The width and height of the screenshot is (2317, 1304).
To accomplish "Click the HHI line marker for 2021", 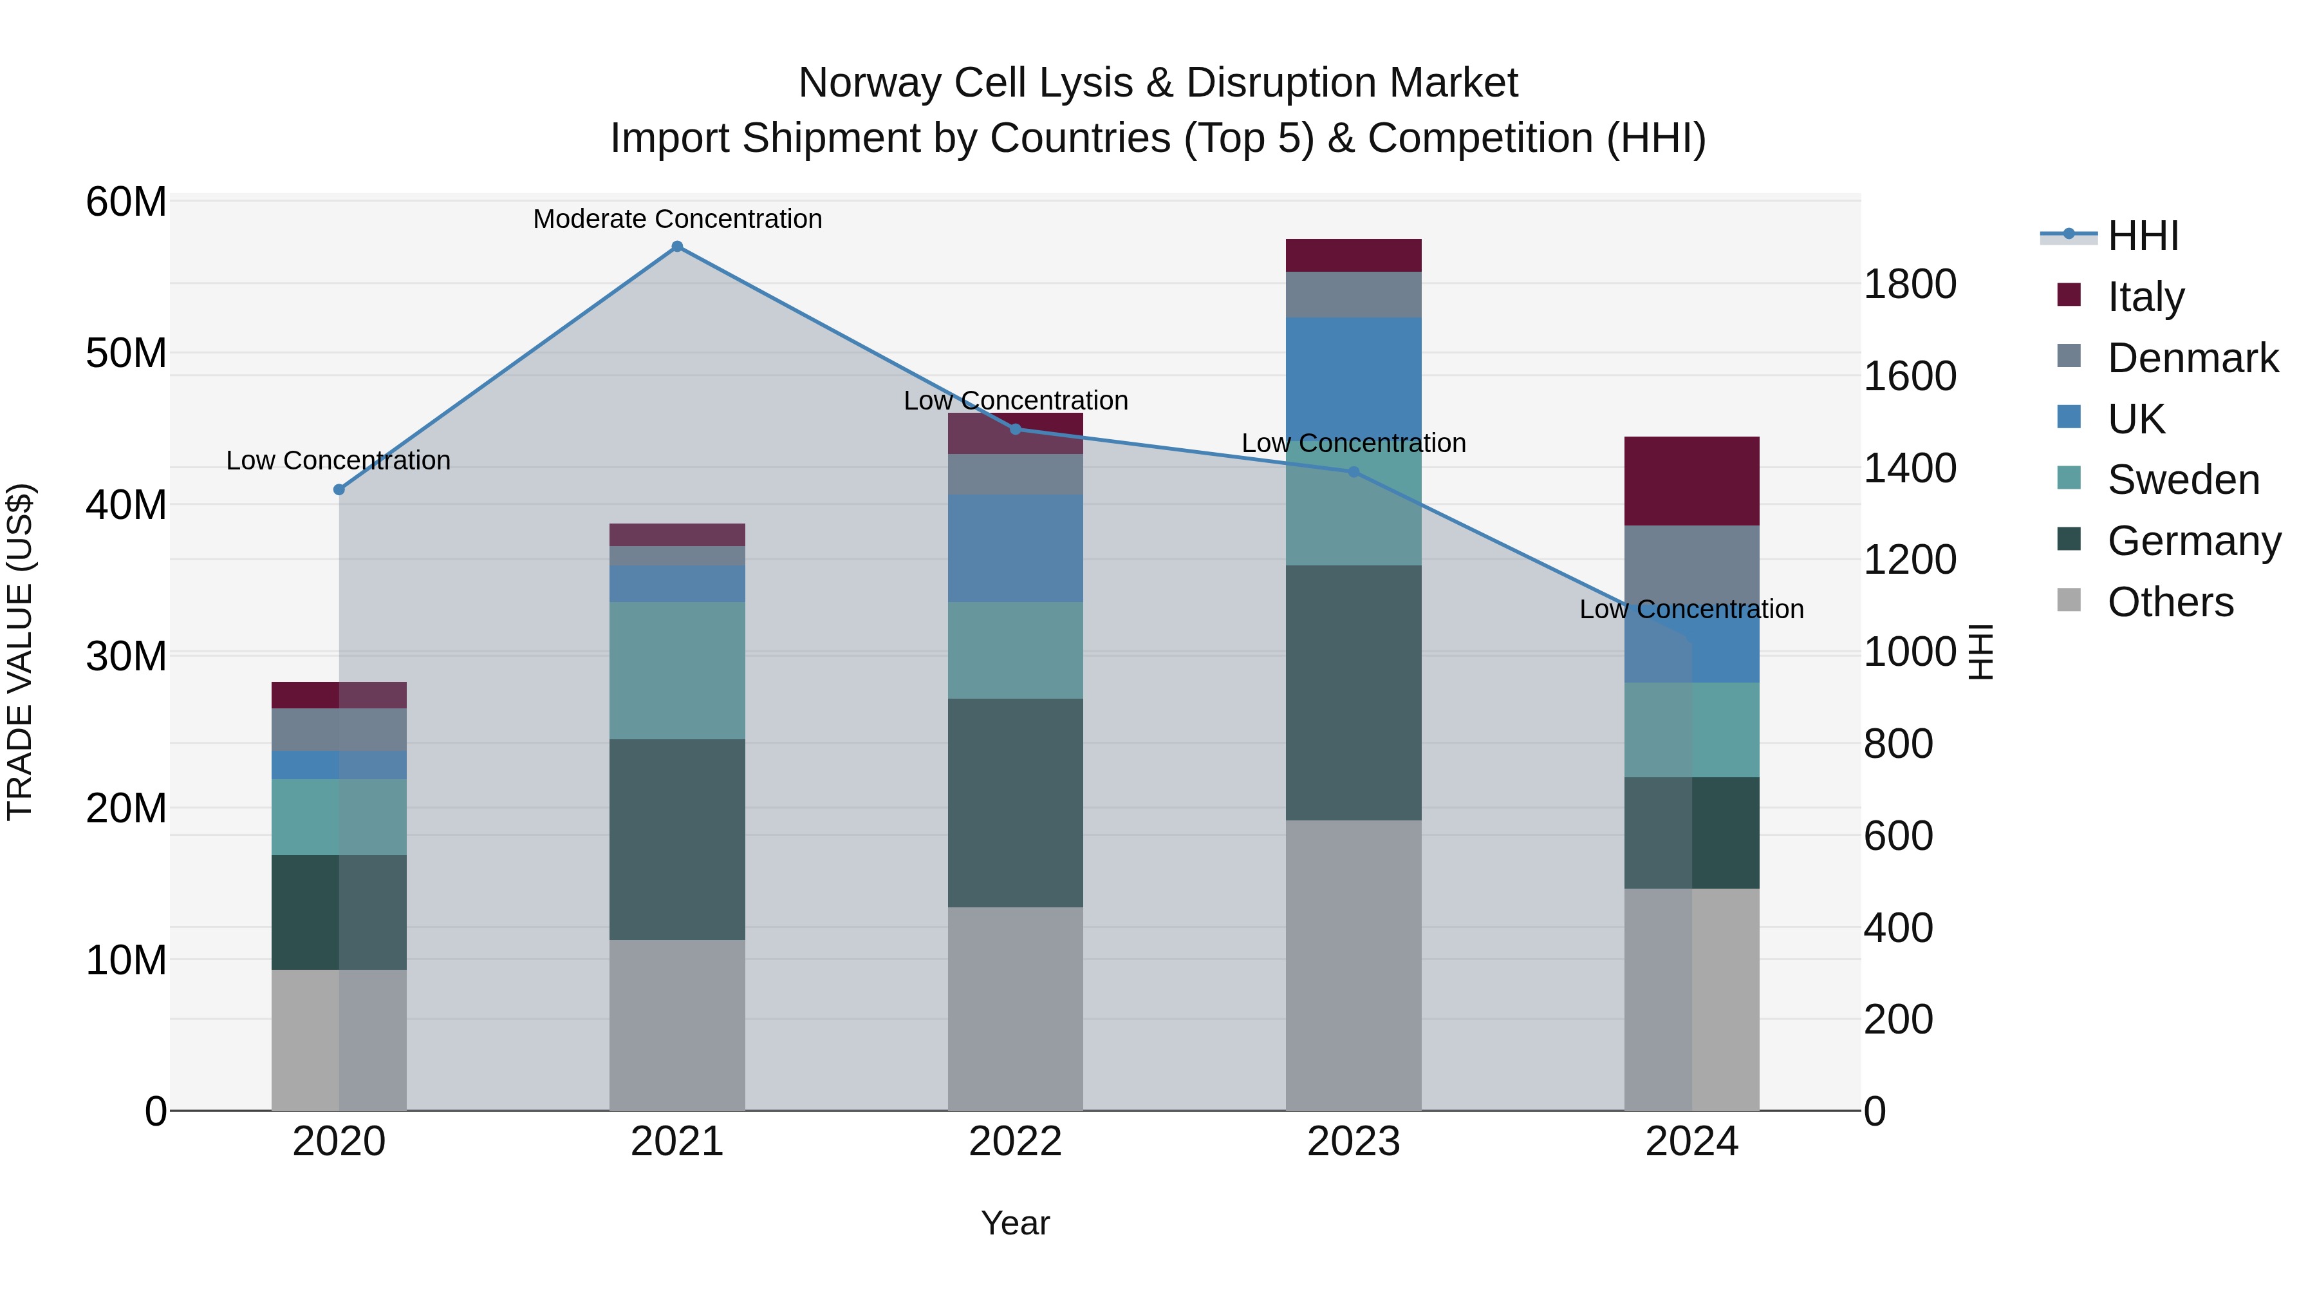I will coord(677,247).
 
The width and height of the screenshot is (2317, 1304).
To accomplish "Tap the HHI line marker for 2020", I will coord(339,489).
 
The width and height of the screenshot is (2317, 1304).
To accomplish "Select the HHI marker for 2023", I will coord(1354,471).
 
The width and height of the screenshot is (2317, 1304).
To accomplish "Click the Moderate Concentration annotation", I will coord(677,219).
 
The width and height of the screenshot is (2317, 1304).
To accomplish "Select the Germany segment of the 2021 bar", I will coord(677,840).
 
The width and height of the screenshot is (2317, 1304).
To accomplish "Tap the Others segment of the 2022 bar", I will coord(1016,1008).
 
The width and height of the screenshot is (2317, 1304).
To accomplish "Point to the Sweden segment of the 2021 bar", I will coord(677,670).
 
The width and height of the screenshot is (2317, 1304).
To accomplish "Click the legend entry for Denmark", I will coord(2192,358).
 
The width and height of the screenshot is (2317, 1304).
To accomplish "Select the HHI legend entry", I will coord(2143,236).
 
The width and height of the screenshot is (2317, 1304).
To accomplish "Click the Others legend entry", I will coord(2170,602).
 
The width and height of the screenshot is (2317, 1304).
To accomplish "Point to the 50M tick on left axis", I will coord(126,353).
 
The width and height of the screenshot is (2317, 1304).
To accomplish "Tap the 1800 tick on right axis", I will coord(1910,285).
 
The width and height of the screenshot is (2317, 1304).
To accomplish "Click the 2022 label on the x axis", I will coord(1016,1142).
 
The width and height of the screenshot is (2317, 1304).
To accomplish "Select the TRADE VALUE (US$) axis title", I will coord(20,652).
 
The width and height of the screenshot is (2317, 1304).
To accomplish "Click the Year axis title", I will coord(1016,1223).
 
